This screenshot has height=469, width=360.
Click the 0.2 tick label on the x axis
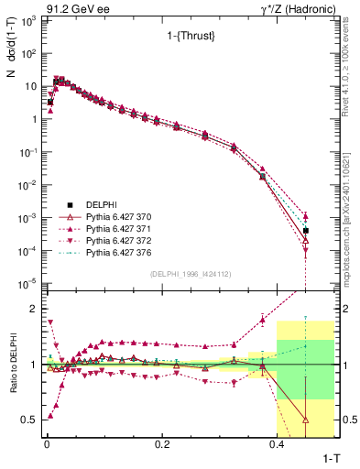[162, 443]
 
